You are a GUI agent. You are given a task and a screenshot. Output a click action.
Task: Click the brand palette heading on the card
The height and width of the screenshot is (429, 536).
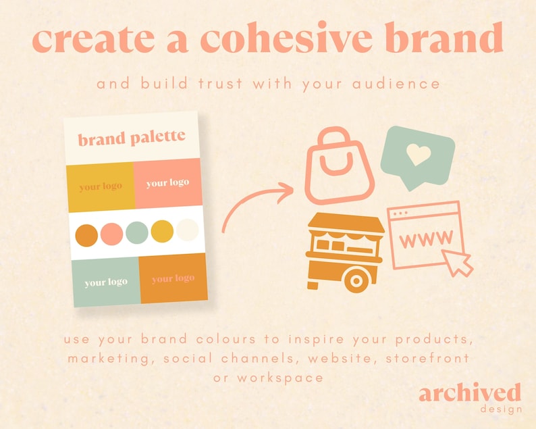[132, 138]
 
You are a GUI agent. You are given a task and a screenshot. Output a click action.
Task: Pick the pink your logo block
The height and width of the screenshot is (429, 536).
[167, 183]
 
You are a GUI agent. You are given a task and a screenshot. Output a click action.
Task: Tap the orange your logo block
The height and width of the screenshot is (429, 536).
[173, 278]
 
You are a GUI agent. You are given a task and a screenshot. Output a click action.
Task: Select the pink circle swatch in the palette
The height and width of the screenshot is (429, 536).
[111, 234]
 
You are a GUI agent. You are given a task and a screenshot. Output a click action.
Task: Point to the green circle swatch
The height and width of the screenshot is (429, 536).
[136, 232]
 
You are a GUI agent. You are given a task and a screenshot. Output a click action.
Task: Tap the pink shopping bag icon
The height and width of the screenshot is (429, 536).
[339, 167]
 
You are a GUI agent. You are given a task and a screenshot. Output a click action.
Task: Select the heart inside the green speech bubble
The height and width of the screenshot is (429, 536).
[417, 155]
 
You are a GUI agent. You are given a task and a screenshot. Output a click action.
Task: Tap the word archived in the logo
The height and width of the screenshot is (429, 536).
[470, 393]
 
